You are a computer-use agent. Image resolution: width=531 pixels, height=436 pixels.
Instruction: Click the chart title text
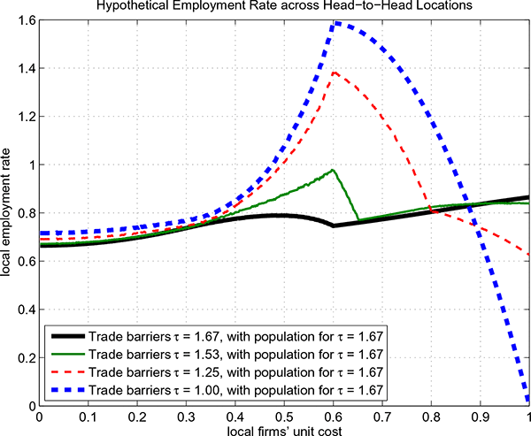pos(283,7)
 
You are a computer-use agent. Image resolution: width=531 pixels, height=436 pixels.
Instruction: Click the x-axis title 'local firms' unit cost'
pos(283,428)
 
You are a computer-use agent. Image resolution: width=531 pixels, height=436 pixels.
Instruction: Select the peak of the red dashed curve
pos(335,73)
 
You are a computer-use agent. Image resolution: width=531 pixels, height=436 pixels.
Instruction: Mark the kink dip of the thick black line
pos(333,226)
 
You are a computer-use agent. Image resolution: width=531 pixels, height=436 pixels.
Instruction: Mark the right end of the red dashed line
pos(528,254)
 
